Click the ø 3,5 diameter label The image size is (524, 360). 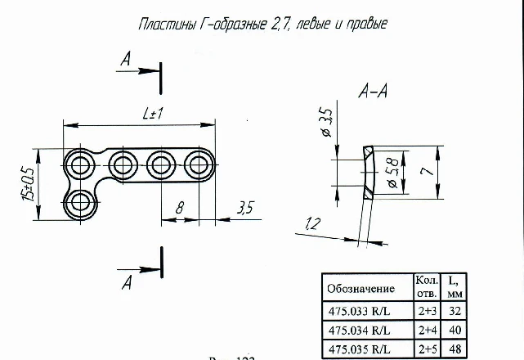(324, 123)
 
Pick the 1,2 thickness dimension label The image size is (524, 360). (311, 223)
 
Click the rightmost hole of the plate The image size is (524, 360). (197, 165)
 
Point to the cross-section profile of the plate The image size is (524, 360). (368, 173)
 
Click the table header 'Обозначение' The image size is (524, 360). (361, 289)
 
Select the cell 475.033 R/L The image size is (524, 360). (361, 311)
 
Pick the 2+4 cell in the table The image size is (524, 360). (427, 330)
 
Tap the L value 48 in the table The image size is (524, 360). (455, 349)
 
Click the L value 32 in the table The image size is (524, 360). (455, 311)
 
